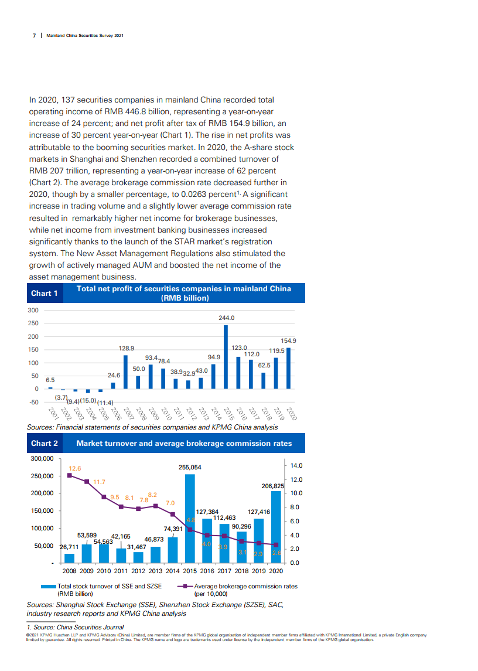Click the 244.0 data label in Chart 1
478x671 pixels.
227,318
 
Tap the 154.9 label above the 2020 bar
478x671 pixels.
288,340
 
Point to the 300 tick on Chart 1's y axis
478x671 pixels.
33,310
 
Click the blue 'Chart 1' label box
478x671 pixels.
44,293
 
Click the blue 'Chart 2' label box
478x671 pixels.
44,443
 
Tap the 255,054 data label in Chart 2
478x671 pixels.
190,467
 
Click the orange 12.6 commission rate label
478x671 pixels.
75,468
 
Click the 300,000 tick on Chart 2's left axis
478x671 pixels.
42,458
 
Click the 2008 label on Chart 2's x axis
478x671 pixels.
70,570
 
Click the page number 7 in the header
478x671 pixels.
34,35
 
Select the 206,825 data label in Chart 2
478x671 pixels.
272,486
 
